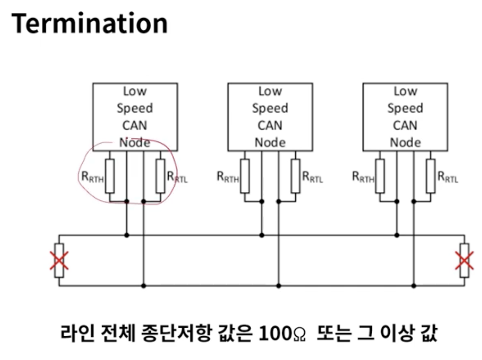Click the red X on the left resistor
pyautogui.click(x=59, y=260)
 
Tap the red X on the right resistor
pyautogui.click(x=464, y=260)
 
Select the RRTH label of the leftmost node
pyautogui.click(x=92, y=177)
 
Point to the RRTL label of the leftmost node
pyautogui.click(x=177, y=177)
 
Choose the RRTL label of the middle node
pyautogui.click(x=312, y=177)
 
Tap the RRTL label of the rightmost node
pyautogui.click(x=448, y=177)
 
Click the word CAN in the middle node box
pyautogui.click(x=270, y=126)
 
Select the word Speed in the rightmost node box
pyautogui.click(x=405, y=108)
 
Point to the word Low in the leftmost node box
pyautogui.click(x=135, y=91)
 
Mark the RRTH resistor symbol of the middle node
pyautogui.click(x=245, y=176)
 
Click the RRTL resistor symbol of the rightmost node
pyautogui.click(x=431, y=176)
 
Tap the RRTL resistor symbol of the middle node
pyautogui.click(x=296, y=176)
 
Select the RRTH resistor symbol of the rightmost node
pyautogui.click(x=380, y=176)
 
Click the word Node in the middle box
pyautogui.click(x=270, y=142)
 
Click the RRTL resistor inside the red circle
pyautogui.click(x=161, y=176)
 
